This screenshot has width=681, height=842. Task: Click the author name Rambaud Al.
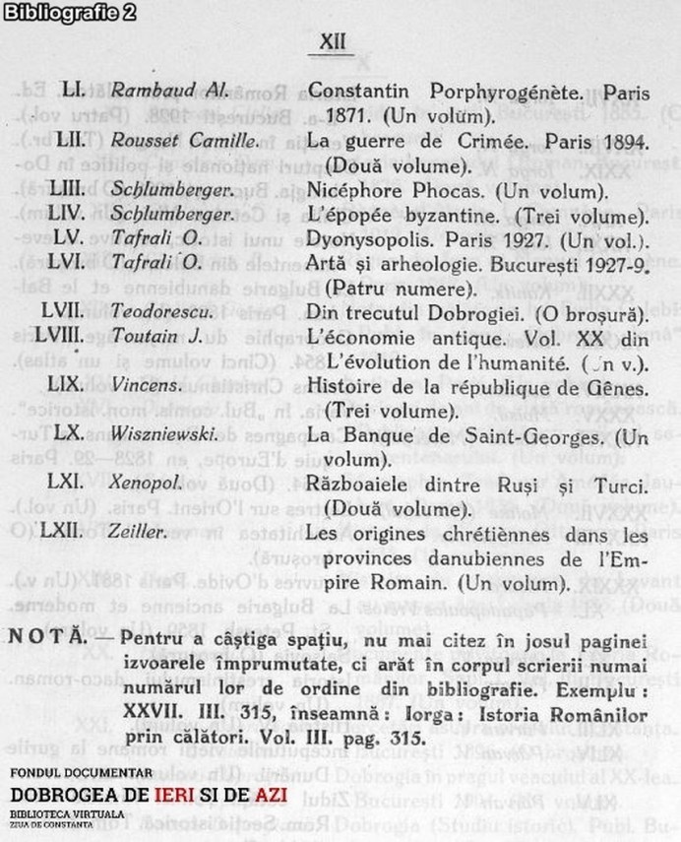(170, 91)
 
